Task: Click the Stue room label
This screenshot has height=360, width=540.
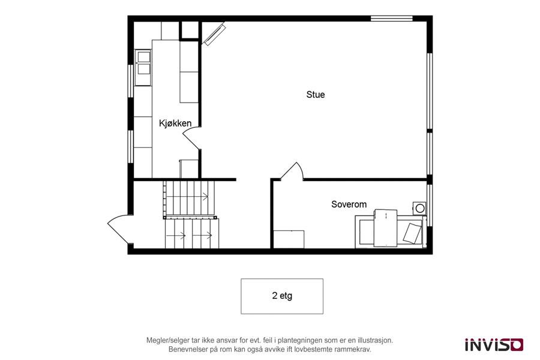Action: click(316, 94)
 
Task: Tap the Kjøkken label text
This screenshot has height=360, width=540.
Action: click(175, 124)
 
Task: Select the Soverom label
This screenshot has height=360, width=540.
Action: click(349, 204)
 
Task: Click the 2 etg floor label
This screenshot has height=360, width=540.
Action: click(282, 296)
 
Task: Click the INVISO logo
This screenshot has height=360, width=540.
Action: click(494, 344)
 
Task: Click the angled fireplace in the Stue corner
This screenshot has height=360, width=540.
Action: click(214, 34)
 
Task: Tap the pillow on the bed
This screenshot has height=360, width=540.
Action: click(412, 233)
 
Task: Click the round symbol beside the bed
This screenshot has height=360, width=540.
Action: click(420, 208)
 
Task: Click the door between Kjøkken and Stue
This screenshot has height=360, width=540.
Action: click(192, 138)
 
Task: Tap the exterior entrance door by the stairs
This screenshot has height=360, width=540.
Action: click(120, 229)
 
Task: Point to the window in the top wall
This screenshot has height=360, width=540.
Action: click(392, 19)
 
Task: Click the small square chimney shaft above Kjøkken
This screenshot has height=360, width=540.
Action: click(190, 30)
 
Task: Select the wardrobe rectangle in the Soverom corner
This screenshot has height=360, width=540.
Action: click(289, 239)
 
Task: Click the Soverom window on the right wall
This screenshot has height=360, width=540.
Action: click(430, 206)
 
